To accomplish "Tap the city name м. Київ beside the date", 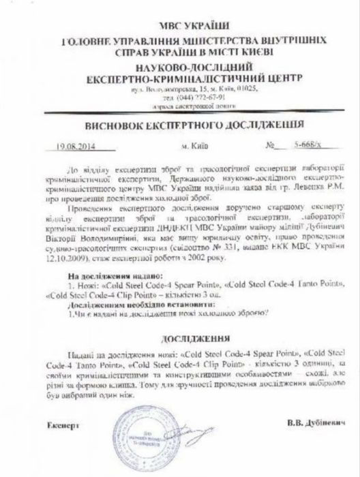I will tap(196, 145).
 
